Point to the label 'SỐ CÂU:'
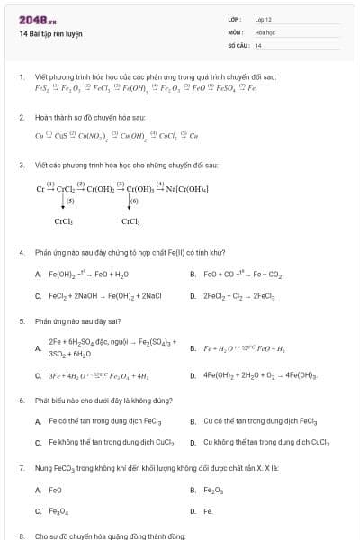(x=238, y=44)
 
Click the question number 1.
(x=22, y=78)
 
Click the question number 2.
(x=22, y=118)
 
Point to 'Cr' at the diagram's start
(x=40, y=188)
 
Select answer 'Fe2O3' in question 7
(x=213, y=490)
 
